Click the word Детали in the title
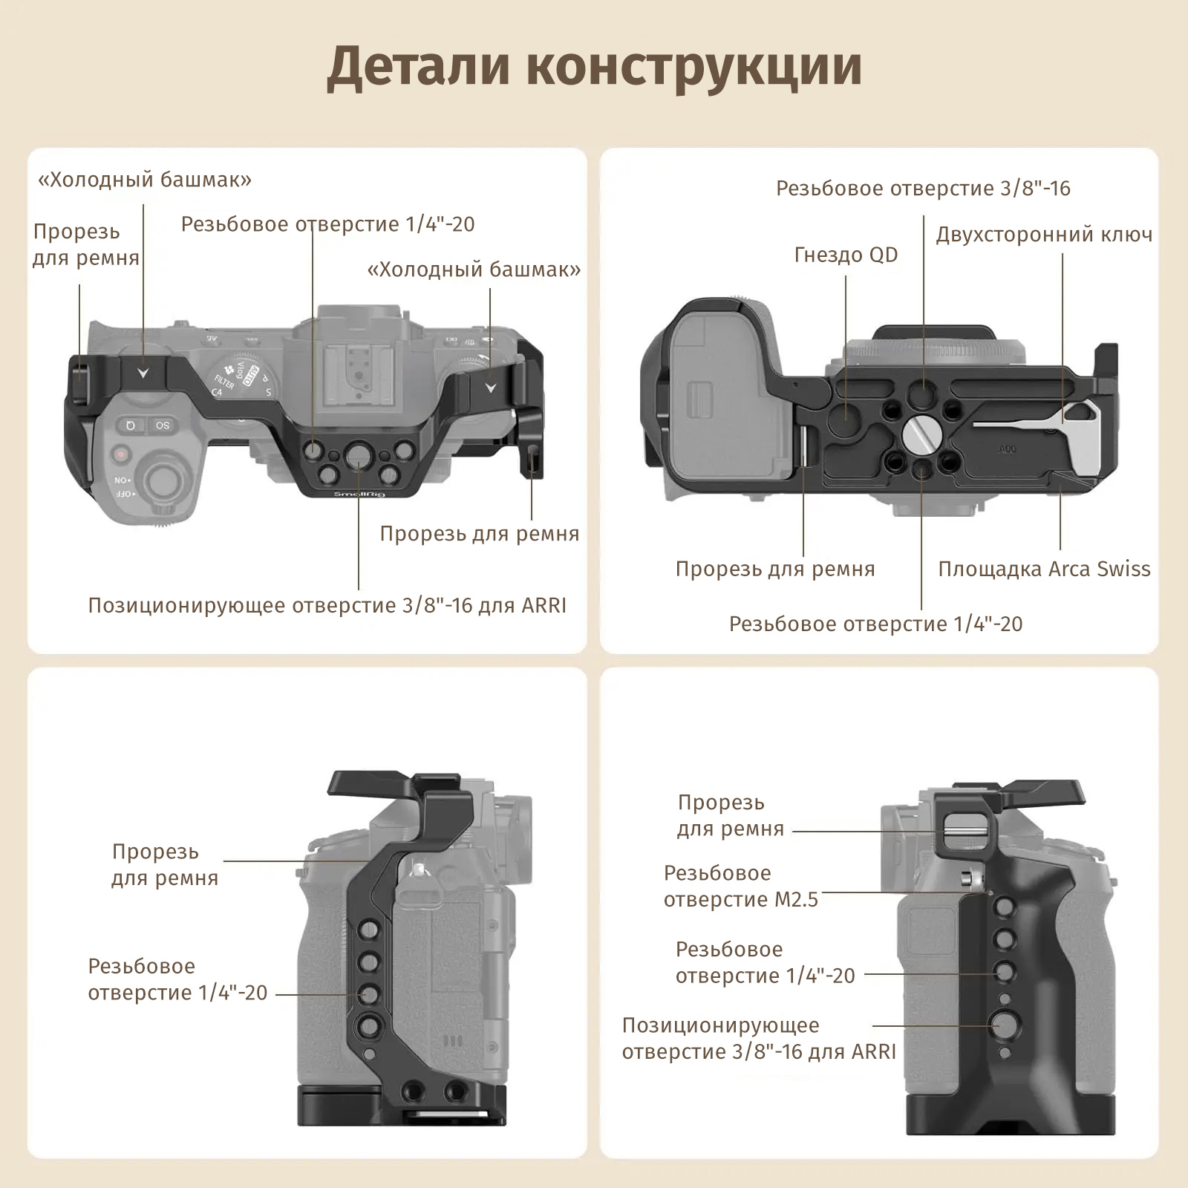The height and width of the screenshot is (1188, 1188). tap(419, 67)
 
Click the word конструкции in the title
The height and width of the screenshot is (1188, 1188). tap(694, 67)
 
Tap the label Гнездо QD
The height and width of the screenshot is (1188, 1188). tap(846, 255)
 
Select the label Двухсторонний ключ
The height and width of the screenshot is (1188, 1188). tap(1044, 235)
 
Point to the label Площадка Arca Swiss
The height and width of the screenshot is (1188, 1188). tap(1044, 569)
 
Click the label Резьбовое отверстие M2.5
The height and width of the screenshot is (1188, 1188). tap(740, 886)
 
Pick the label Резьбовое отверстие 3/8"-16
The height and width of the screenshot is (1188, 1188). tap(923, 189)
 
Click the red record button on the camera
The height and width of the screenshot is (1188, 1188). tap(121, 454)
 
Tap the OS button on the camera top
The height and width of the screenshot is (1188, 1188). tap(163, 425)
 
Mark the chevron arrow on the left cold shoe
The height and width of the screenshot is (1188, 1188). tap(143, 373)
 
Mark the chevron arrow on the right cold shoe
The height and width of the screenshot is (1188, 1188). tap(490, 388)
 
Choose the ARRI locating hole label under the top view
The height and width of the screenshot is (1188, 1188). tap(327, 606)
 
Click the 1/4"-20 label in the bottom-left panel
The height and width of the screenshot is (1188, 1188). tap(177, 979)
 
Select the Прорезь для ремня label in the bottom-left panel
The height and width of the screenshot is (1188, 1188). tap(164, 865)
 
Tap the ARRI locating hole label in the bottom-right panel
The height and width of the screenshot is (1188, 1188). tap(758, 1039)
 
